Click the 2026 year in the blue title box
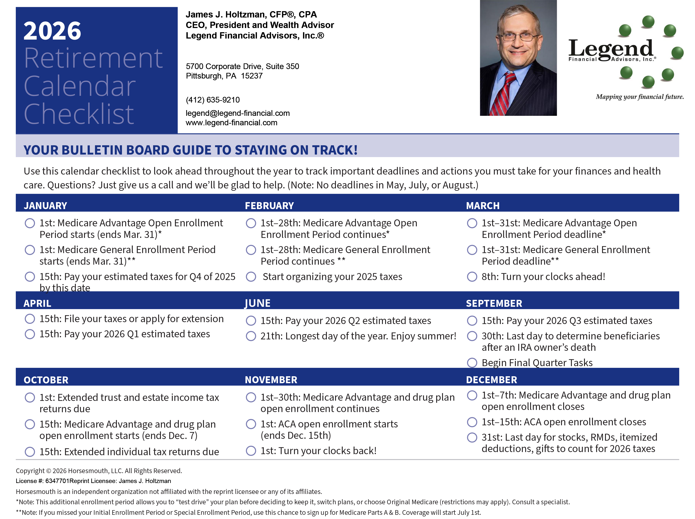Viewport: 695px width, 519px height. coord(52,31)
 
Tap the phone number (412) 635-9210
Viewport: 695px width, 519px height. coord(213,100)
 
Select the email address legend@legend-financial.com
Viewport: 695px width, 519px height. coord(238,113)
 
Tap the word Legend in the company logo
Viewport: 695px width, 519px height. coord(611,49)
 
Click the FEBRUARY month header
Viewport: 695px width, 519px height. coord(269,206)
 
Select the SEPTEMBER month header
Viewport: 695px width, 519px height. coord(494,303)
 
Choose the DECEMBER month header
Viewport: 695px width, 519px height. coord(491,380)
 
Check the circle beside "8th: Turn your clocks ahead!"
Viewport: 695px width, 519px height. coord(472,277)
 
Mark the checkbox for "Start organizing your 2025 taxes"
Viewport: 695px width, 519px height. coord(251,277)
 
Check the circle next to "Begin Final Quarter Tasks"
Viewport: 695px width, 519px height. coord(472,363)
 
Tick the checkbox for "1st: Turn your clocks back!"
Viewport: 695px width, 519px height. coord(251,451)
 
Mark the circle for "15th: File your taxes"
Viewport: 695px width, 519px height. coord(30,319)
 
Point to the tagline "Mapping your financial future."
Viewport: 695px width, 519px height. coord(640,97)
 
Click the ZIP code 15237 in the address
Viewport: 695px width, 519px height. coord(252,76)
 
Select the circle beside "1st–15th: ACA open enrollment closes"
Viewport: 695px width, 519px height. coord(472,422)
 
